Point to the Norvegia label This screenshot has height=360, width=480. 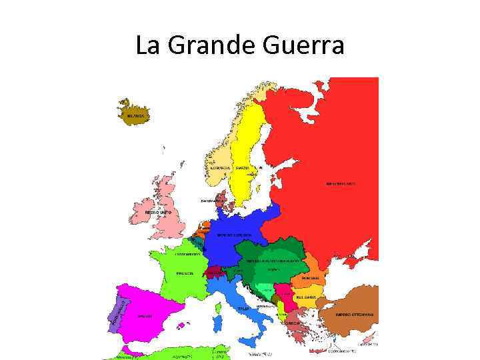point(221,167)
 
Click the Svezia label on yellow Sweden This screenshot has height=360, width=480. point(242,167)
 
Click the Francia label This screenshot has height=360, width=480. point(185,273)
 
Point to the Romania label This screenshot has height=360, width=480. point(310,277)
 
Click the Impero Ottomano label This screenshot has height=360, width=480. point(354,314)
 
